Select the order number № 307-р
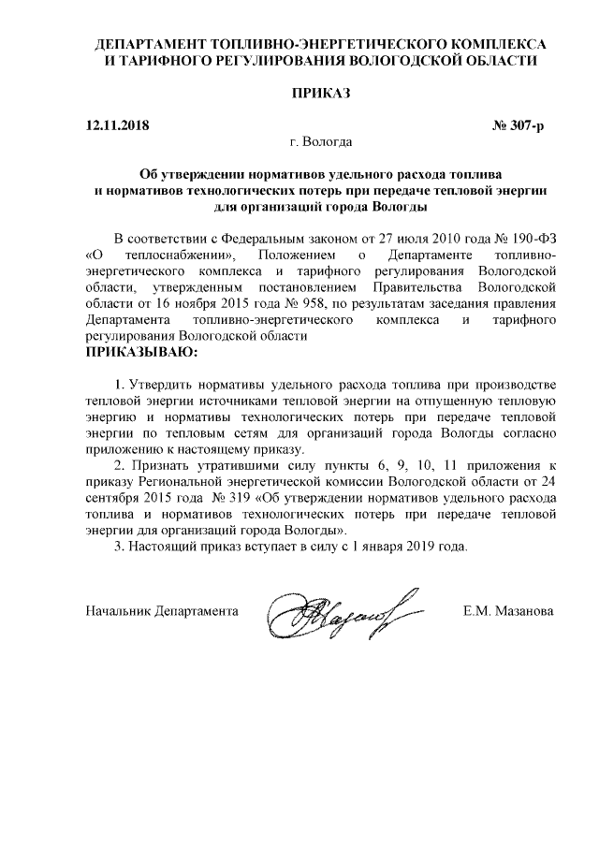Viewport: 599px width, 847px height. [x=518, y=125]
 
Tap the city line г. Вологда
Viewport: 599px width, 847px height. [x=321, y=143]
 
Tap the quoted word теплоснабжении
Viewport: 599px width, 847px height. [x=181, y=255]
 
